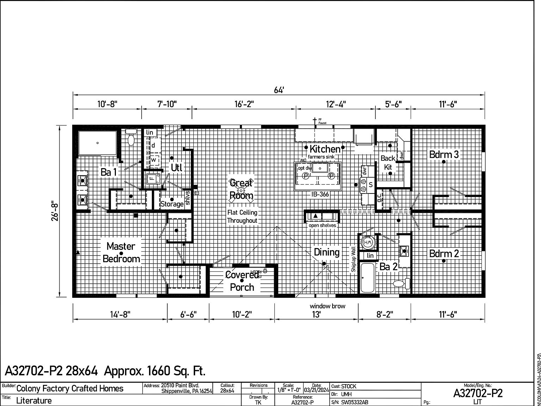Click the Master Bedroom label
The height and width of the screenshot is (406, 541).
tap(121, 252)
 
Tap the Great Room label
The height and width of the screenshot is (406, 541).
tap(241, 189)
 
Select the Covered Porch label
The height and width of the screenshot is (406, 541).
tap(242, 281)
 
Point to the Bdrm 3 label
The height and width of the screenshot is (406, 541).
tap(444, 154)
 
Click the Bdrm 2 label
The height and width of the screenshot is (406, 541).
tap(444, 253)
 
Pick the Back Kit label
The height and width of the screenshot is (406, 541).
tap(388, 162)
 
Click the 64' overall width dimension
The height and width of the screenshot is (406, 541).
tap(279, 90)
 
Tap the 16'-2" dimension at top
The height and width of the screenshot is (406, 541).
tap(244, 104)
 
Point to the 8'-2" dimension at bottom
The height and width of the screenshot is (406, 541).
tap(384, 314)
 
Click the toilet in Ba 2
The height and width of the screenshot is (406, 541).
tap(401, 283)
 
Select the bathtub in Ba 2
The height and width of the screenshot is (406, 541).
tap(367, 278)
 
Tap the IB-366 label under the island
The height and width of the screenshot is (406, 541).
tap(320, 194)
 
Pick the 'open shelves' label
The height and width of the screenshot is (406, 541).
tap(322, 226)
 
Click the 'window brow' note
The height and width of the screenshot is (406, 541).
tap(327, 306)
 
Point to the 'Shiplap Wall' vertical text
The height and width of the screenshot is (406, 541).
tap(354, 259)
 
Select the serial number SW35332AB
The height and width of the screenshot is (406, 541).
tap(355, 402)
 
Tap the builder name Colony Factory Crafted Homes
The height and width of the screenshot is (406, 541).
tap(70, 388)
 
